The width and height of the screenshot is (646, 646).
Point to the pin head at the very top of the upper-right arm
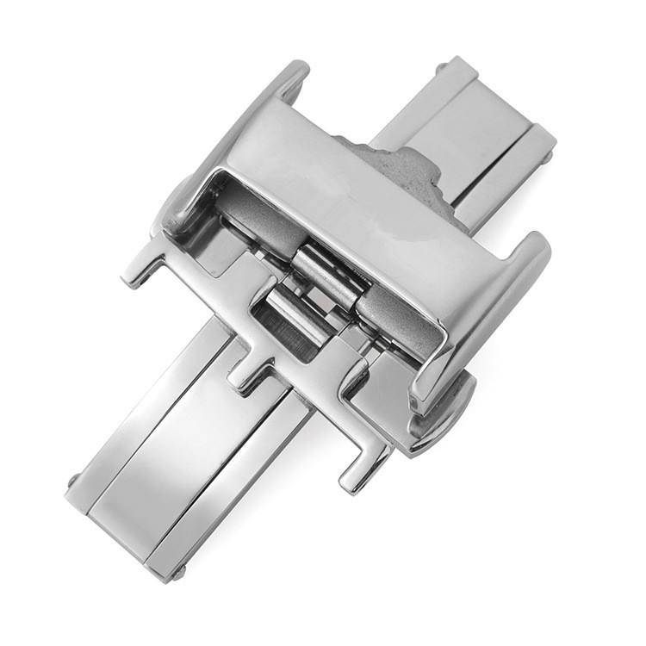442,67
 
